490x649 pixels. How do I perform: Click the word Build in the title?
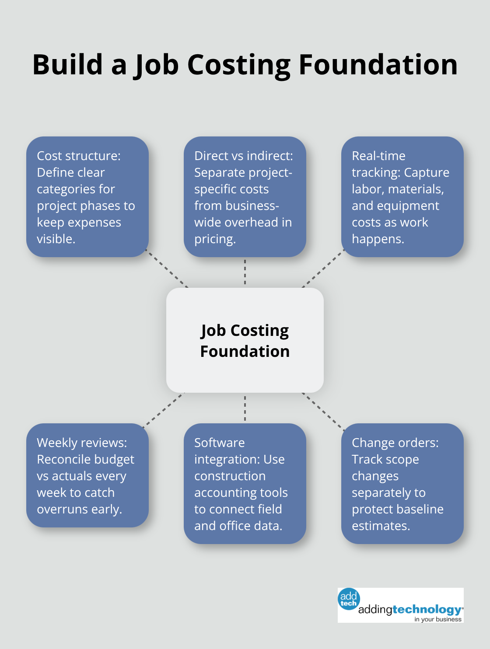[68, 65]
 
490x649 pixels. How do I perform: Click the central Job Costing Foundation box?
[245, 340]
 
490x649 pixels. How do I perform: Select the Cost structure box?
[87, 197]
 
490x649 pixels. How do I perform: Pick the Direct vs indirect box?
[245, 197]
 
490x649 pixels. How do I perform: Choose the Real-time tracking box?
[402, 197]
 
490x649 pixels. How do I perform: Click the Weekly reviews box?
[87, 475]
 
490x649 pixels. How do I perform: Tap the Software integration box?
[245, 484]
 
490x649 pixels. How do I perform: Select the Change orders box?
[402, 484]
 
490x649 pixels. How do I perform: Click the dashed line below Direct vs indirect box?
[245, 272]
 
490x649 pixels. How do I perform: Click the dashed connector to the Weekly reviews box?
[163, 409]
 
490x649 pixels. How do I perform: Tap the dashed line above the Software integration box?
[245, 408]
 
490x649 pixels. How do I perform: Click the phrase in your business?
[438, 619]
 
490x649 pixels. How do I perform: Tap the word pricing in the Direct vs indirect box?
[214, 239]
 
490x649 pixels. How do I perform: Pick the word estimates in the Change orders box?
[380, 526]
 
